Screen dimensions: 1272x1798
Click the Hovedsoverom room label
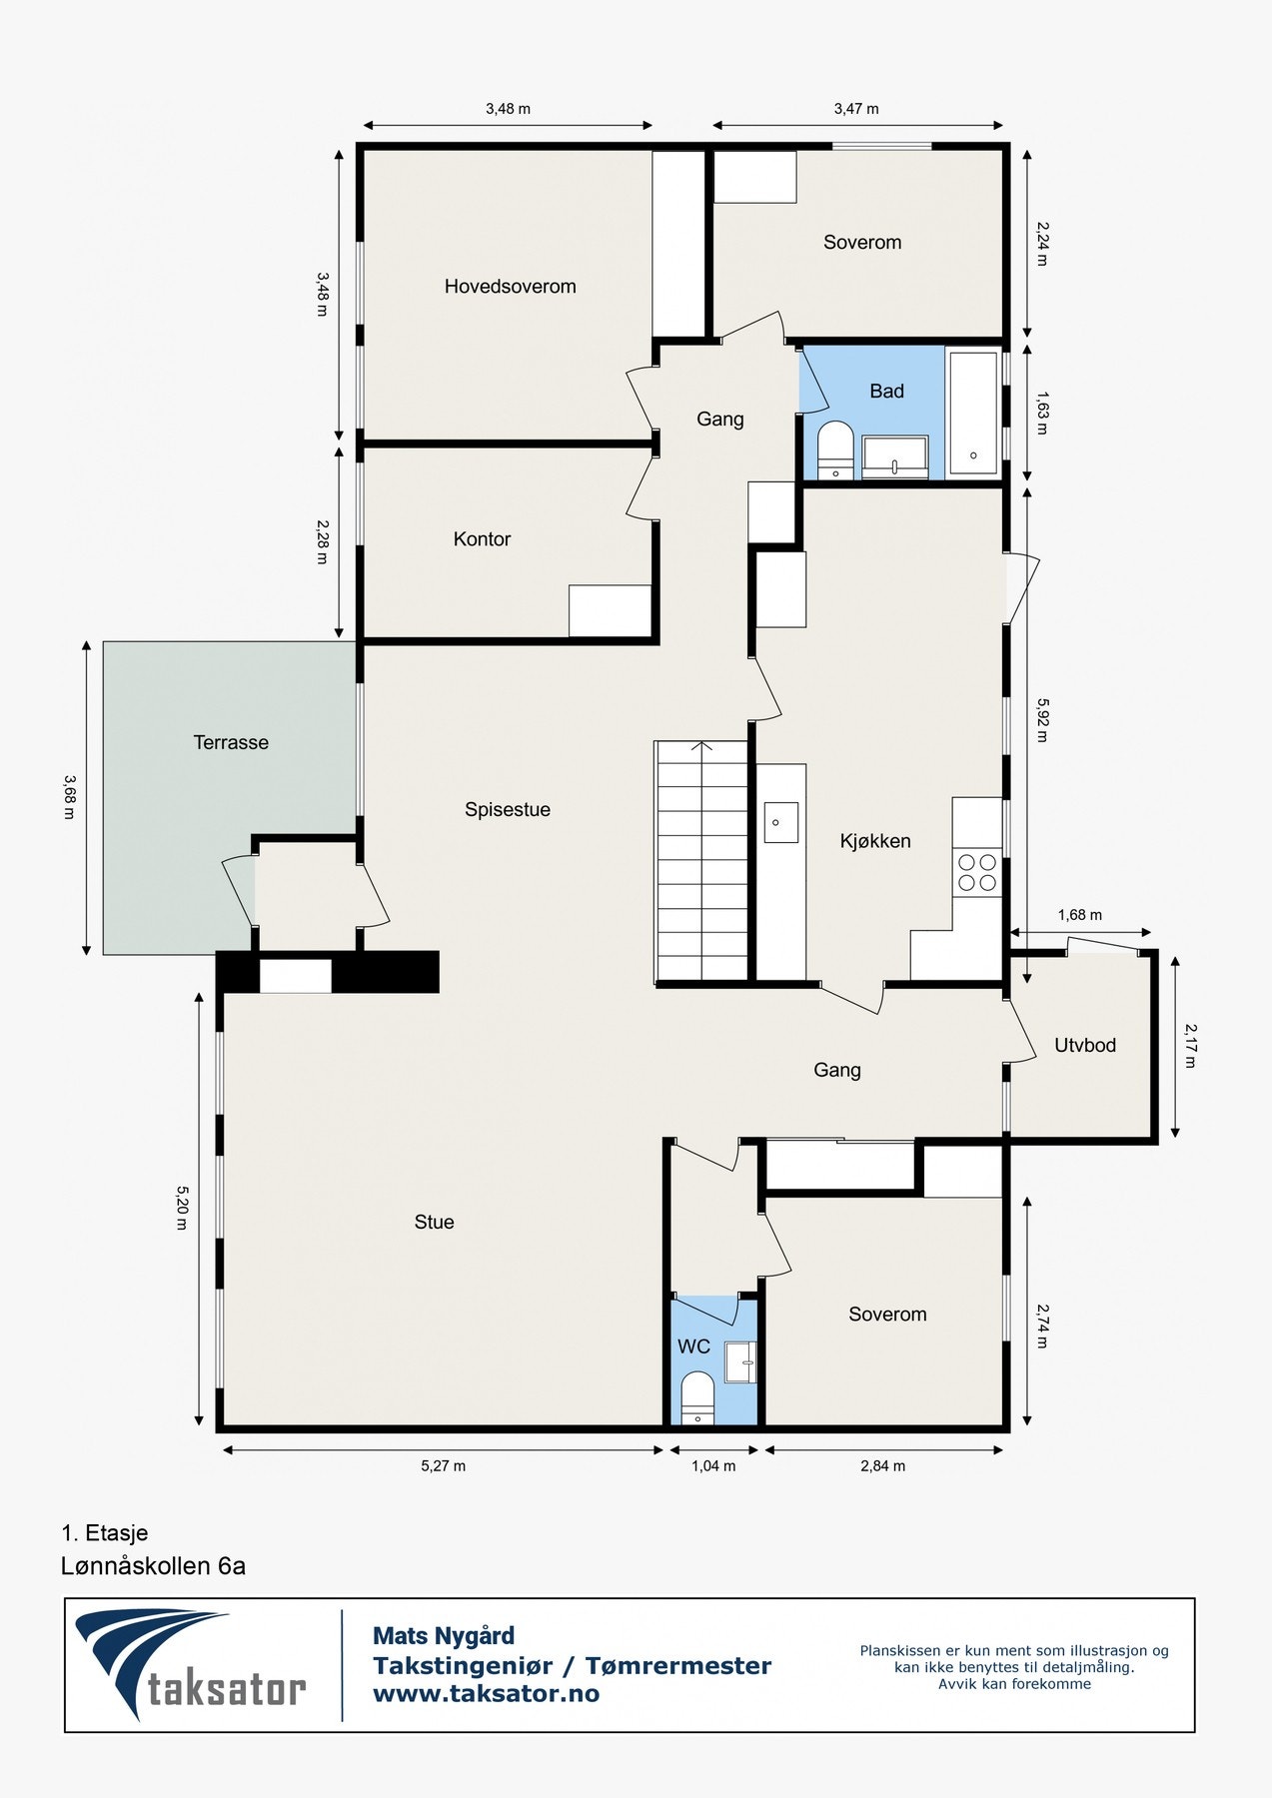coord(510,287)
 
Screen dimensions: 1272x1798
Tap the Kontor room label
coord(482,539)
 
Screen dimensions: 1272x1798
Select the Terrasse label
coord(231,742)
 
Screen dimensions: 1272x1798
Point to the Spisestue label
coord(508,810)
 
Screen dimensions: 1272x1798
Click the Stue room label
coord(434,1222)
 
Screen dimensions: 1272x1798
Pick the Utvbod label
coord(1085,1046)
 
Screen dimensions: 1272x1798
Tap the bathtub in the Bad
coord(973,413)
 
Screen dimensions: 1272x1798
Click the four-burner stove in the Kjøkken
coord(977,872)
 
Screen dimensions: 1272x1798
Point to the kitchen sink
coord(780,822)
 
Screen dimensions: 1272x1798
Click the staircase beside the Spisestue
coord(701,862)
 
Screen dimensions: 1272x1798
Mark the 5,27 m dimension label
coord(443,1466)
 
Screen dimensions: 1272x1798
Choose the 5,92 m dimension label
coord(1041,721)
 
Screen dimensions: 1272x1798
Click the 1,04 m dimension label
coord(713,1466)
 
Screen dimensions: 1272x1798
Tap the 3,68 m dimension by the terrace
coord(69,797)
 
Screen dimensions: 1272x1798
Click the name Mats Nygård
coord(444,1636)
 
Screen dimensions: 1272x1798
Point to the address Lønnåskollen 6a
coord(153,1565)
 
